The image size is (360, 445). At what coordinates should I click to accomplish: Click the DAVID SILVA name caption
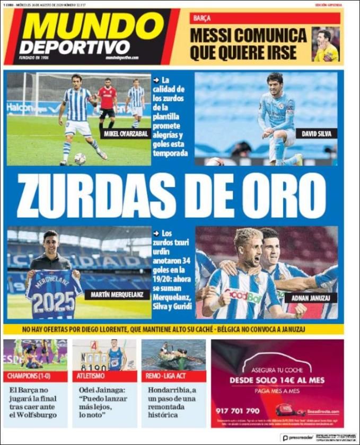tap(316, 134)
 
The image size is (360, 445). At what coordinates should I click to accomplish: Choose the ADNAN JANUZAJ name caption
tap(310, 298)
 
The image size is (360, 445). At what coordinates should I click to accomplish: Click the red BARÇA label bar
tap(265, 18)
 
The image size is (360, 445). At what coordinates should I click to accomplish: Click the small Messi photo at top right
tap(325, 44)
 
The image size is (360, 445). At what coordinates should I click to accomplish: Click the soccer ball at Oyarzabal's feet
tap(80, 158)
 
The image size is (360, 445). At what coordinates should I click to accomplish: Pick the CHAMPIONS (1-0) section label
tap(35, 376)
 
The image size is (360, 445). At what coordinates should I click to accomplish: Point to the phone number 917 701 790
tap(238, 411)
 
